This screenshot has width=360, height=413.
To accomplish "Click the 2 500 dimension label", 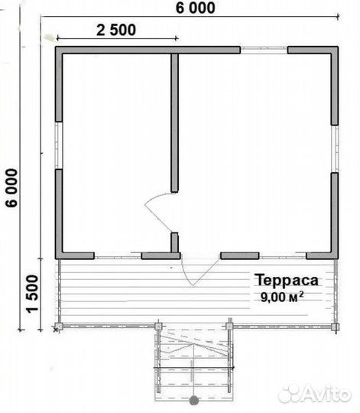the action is tap(116, 30).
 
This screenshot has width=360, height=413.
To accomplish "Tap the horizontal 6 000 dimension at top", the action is tap(195, 8).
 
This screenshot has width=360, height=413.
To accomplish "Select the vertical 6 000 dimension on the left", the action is tap(11, 187).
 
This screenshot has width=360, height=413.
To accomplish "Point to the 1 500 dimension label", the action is tap(32, 294).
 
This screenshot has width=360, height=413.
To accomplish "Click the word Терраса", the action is tap(287, 280).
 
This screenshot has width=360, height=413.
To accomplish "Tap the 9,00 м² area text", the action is tap(282, 297).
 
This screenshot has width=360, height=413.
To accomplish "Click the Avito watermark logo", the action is tap(314, 395).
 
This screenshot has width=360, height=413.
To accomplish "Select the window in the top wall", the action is tap(264, 50).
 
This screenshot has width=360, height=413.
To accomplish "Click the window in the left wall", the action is tap(59, 145).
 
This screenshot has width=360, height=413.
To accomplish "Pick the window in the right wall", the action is tap(335, 149).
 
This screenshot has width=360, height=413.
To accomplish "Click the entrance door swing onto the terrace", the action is tap(200, 272).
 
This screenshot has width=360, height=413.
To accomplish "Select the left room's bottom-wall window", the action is tap(118, 255).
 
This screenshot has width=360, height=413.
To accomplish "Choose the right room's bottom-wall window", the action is tap(283, 255).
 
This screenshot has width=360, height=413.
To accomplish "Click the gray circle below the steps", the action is tap(194, 400).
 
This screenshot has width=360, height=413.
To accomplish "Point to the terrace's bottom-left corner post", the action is tap(58, 327).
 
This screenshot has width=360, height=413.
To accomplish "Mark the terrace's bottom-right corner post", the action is tap(335, 327).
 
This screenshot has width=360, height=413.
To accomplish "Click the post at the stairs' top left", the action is tap(158, 327).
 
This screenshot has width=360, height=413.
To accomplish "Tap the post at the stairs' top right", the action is tap(230, 327).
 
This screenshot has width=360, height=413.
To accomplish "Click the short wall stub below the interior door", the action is tap(174, 242).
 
